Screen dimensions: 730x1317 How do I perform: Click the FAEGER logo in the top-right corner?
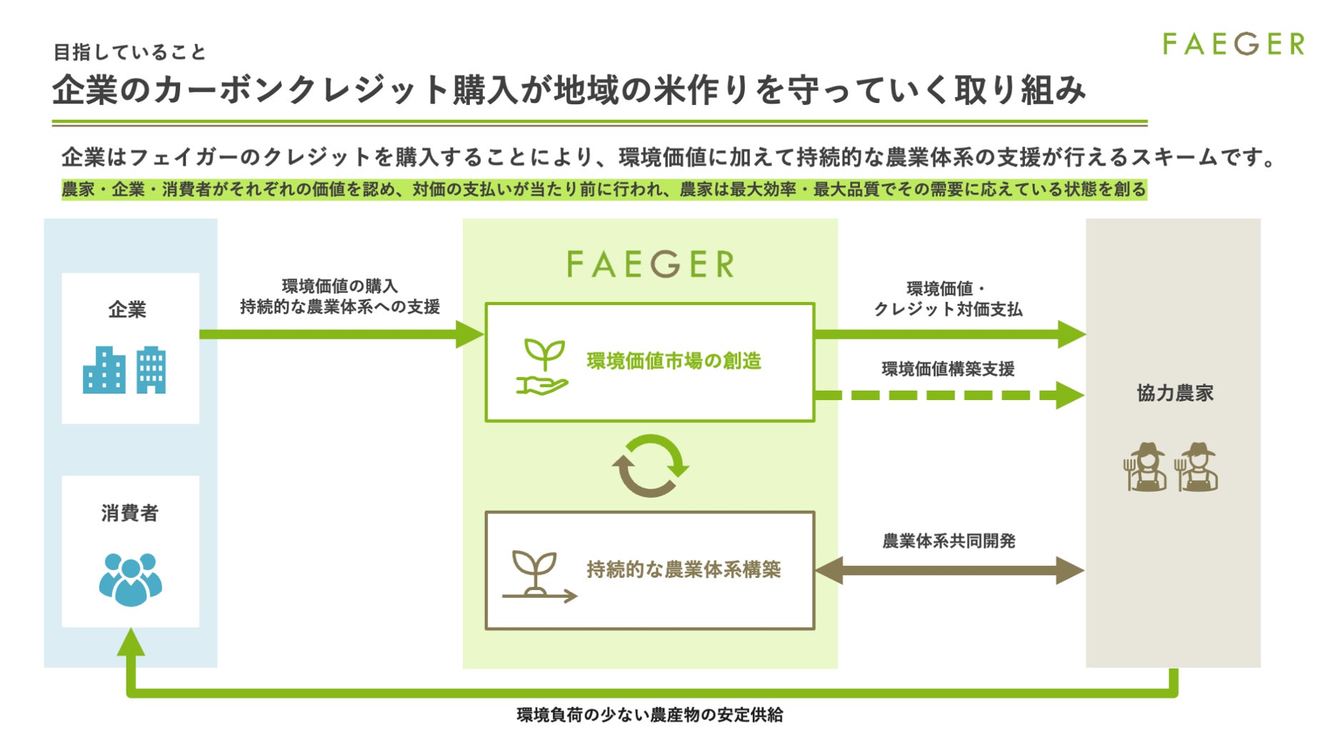pos(1233,44)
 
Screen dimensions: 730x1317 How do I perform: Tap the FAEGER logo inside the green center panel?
pos(650,264)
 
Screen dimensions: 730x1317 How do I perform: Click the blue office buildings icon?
pos(124,370)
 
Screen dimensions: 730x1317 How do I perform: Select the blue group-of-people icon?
pos(130,579)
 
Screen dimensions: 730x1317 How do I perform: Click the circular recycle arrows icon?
pos(650,466)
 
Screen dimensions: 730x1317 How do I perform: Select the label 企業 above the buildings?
pos(127,309)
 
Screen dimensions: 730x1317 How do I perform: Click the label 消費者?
pos(129,513)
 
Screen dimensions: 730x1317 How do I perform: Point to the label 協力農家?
pos(1175,393)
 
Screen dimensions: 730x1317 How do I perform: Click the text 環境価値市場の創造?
pos(673,361)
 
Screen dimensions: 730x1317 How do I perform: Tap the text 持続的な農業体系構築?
pos(683,569)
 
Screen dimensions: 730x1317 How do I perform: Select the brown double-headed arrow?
pos(949,570)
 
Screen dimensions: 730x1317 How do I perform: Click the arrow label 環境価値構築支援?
pos(948,369)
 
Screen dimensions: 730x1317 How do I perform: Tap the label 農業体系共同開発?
pos(948,541)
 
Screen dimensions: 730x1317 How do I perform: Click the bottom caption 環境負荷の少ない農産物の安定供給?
pos(650,714)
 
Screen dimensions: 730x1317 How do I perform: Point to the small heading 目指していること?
pos(129,52)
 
